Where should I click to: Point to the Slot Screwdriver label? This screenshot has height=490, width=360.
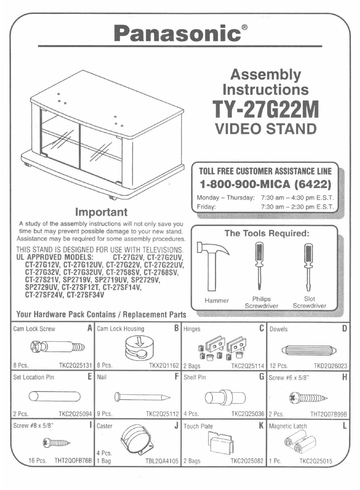pyautogui.click(x=309, y=302)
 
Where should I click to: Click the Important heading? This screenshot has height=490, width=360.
pyautogui.click(x=101, y=212)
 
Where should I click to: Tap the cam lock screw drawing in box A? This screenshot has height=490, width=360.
pyautogui.click(x=57, y=346)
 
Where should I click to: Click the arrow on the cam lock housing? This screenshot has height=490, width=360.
pyautogui.click(x=140, y=340)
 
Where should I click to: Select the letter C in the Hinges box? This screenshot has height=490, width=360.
pyautogui.click(x=261, y=328)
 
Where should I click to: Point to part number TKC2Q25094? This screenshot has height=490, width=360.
pyautogui.click(x=75, y=414)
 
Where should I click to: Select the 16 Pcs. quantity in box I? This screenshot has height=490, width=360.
pyautogui.click(x=38, y=461)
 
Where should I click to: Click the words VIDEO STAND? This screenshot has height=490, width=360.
pyautogui.click(x=265, y=129)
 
